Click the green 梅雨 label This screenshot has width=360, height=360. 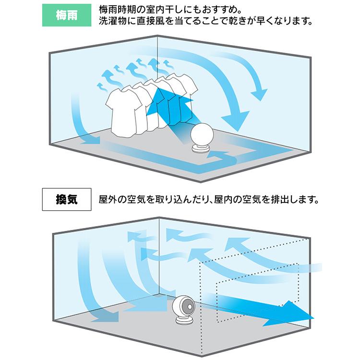click(x=66, y=15)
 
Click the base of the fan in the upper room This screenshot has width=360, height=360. click(x=201, y=149)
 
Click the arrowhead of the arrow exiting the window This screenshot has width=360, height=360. click(x=298, y=313)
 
